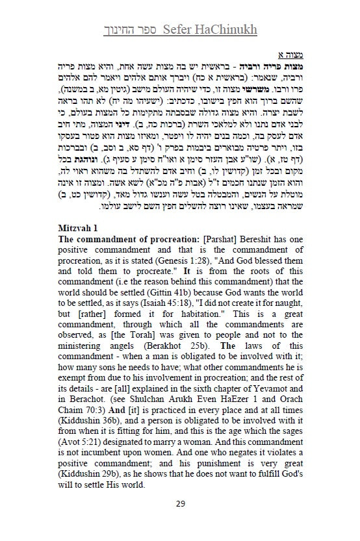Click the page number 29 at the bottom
180,504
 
